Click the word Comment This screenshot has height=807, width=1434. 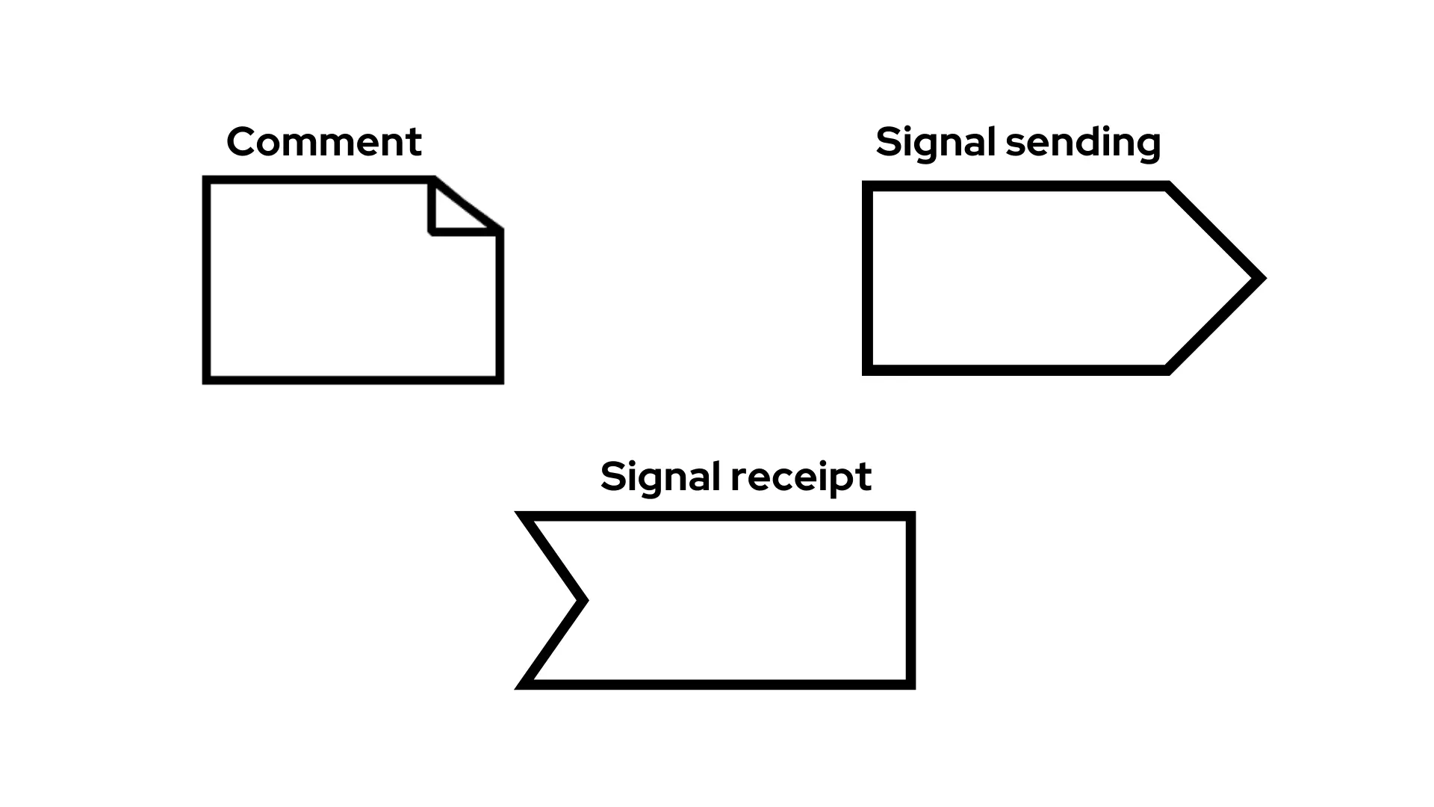(323, 141)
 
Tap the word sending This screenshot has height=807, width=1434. (1084, 141)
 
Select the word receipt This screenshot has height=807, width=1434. (801, 476)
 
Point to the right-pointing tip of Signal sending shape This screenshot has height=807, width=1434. (1260, 279)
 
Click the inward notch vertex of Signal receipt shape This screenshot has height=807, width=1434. (583, 599)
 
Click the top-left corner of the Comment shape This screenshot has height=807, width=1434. (206, 180)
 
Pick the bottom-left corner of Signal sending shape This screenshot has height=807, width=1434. (867, 370)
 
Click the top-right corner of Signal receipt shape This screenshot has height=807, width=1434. (911, 516)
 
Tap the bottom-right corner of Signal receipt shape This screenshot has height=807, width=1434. (911, 684)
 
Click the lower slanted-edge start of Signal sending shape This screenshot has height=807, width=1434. (1167, 370)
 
